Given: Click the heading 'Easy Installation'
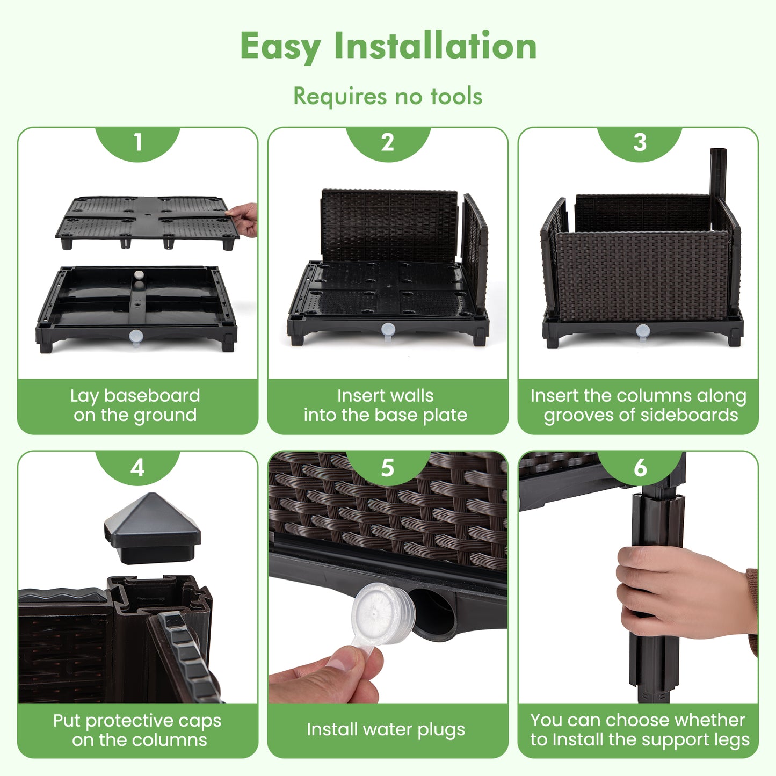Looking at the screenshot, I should [x=388, y=46].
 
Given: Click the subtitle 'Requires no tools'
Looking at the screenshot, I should [x=388, y=97].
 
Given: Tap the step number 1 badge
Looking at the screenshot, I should [x=137, y=142].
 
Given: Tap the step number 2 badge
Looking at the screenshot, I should [x=388, y=142].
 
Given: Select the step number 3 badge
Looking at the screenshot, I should [x=639, y=142].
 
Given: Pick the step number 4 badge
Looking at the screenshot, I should [x=137, y=467].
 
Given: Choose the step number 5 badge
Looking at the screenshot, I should [x=388, y=467].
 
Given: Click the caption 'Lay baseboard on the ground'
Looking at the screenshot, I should [x=135, y=405].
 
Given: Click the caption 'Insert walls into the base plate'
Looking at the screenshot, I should [x=386, y=405].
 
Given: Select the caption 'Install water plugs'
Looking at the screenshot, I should [x=386, y=729].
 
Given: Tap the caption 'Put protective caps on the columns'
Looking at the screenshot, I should [x=137, y=730].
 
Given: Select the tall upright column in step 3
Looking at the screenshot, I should [x=718, y=180].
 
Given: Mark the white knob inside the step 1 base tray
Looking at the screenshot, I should [x=139, y=274].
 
